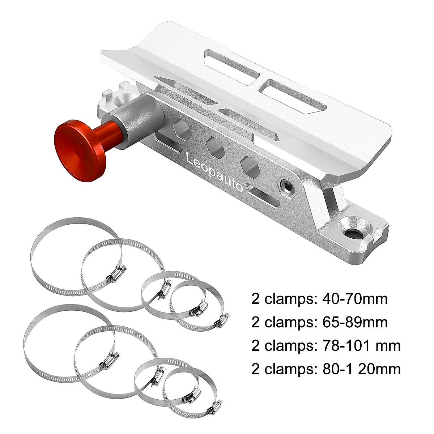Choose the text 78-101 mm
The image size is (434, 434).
coord(358,345)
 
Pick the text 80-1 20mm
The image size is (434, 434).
coord(358,369)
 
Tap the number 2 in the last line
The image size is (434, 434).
coord(256,369)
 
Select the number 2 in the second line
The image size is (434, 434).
coord(256,322)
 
